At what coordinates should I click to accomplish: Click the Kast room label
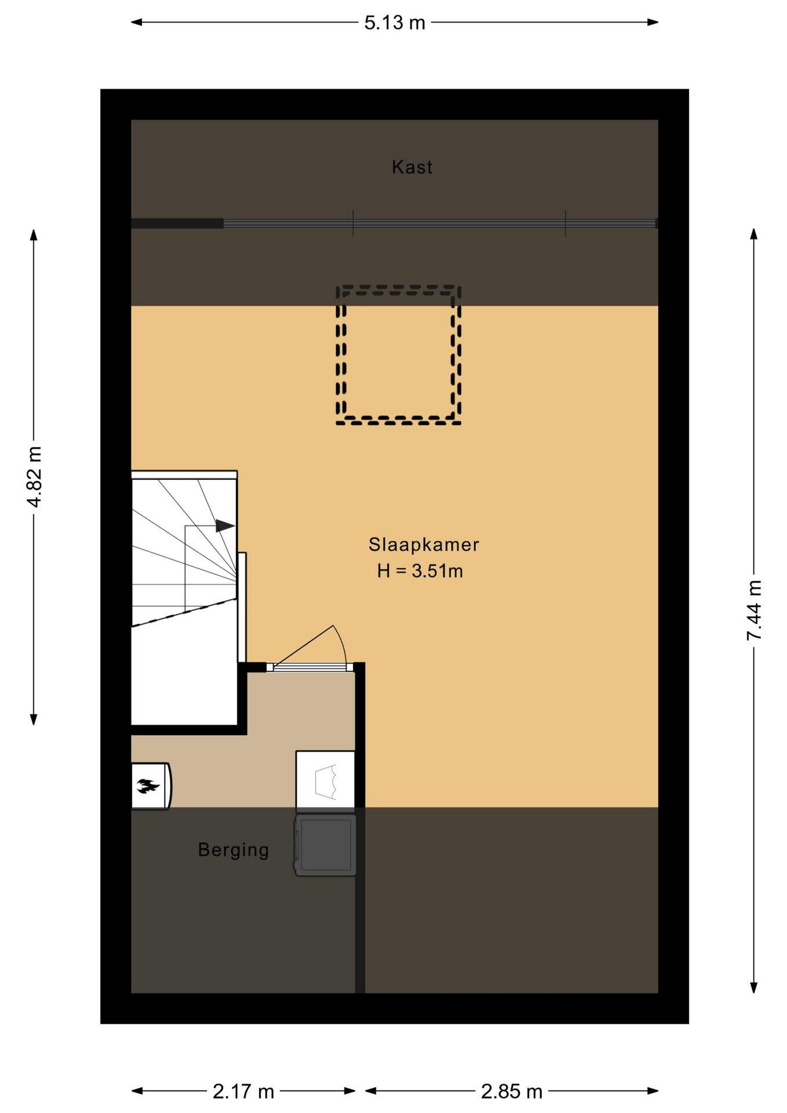(x=412, y=167)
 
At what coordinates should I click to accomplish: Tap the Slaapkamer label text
(x=424, y=544)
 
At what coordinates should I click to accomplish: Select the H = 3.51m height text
(x=420, y=571)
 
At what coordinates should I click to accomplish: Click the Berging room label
(x=234, y=850)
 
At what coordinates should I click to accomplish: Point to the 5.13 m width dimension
(x=395, y=23)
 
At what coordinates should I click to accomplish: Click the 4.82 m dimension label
(x=34, y=477)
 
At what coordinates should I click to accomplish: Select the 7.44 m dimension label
(x=754, y=610)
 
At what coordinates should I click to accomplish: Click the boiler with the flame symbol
(x=151, y=785)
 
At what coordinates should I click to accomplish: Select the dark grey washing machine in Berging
(x=326, y=845)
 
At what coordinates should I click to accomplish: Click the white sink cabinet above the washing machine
(x=325, y=780)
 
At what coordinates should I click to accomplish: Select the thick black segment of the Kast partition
(x=177, y=223)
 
